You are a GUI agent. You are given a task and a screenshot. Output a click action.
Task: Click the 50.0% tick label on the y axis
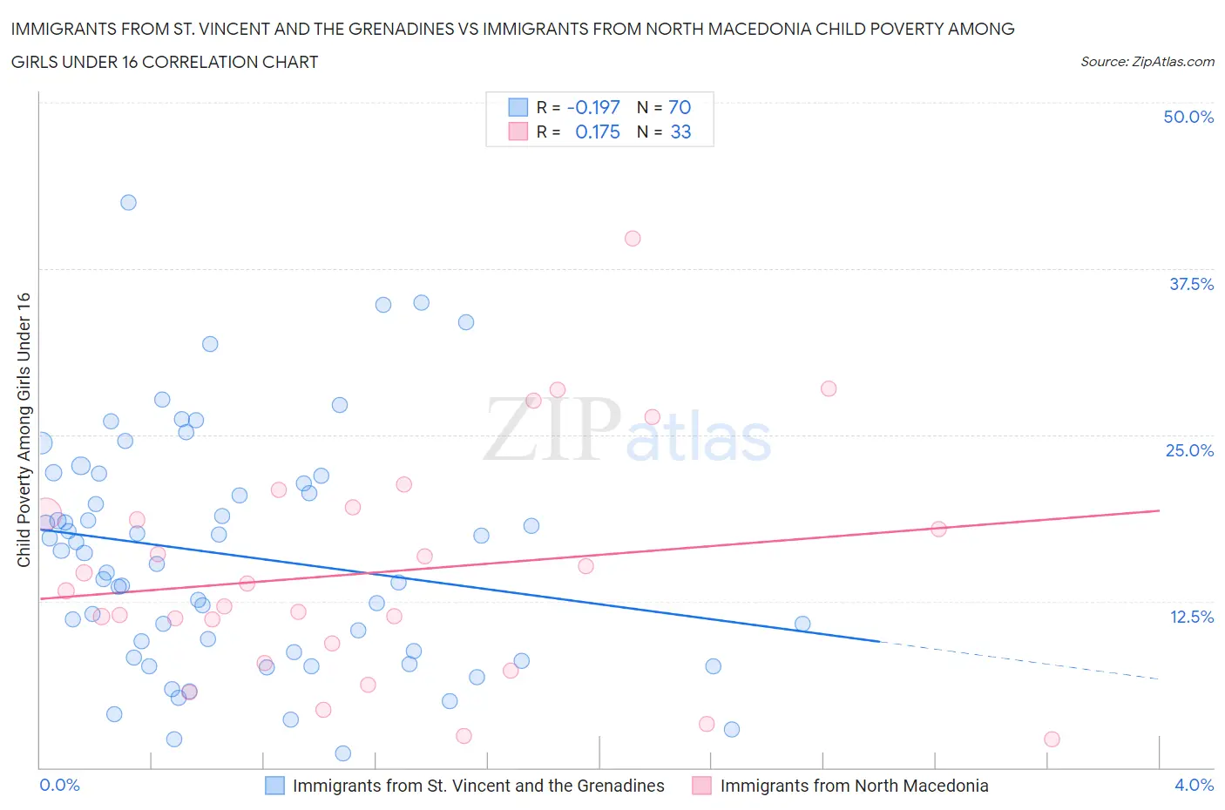click(x=1188, y=117)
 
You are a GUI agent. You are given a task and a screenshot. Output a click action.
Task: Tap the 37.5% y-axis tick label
click(x=1191, y=284)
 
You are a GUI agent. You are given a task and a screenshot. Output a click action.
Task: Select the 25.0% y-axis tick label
click(x=1189, y=450)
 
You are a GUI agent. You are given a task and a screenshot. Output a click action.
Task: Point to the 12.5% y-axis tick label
click(x=1191, y=617)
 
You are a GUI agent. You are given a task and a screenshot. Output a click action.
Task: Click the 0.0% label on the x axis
click(x=60, y=785)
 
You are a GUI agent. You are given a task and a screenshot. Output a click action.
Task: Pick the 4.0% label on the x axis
click(x=1194, y=785)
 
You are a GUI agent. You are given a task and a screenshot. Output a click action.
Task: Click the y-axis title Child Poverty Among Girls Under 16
click(x=24, y=430)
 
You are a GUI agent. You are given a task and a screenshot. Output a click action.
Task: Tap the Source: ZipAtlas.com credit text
click(x=1147, y=62)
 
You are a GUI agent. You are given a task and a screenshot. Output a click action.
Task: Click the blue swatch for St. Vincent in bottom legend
click(x=274, y=786)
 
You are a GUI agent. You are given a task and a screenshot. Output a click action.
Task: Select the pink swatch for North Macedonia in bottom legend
click(x=701, y=786)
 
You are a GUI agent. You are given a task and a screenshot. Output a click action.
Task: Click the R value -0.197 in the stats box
click(x=593, y=107)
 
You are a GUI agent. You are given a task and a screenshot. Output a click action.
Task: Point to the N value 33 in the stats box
click(x=680, y=132)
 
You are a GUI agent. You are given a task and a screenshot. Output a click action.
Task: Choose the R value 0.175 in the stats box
click(x=598, y=132)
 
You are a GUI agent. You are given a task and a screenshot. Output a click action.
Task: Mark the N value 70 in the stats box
click(x=680, y=107)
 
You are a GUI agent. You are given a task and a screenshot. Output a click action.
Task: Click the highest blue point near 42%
click(x=128, y=202)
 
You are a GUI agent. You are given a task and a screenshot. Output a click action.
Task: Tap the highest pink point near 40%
click(x=633, y=238)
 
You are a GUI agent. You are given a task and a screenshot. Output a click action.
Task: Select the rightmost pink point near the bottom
click(x=1052, y=739)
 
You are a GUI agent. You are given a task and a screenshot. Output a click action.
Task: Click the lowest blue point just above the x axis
click(x=343, y=753)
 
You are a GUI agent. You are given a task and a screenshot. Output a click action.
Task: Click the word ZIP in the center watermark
click(x=552, y=429)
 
